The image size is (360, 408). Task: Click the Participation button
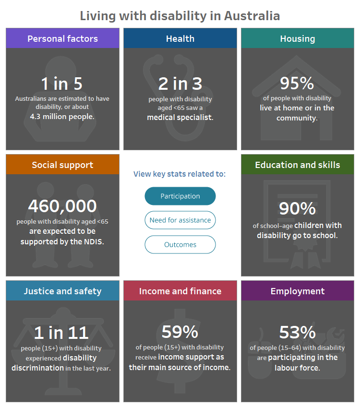pyautogui.click(x=180, y=196)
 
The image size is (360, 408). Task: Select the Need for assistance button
pyautogui.click(x=180, y=220)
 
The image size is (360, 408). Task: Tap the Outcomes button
pyautogui.click(x=180, y=244)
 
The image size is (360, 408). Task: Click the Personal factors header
pyautogui.click(x=62, y=38)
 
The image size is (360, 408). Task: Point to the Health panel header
pyautogui.click(x=180, y=38)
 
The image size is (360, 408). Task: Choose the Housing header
pyautogui.click(x=298, y=38)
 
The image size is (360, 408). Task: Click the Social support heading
pyautogui.click(x=62, y=165)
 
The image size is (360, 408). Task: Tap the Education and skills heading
pyautogui.click(x=298, y=165)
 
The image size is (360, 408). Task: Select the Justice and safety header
pyautogui.click(x=62, y=291)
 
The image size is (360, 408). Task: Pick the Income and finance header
pyautogui.click(x=180, y=291)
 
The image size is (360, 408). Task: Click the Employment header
pyautogui.click(x=298, y=291)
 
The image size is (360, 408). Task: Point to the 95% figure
pyautogui.click(x=297, y=84)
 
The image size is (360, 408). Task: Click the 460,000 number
pyautogui.click(x=62, y=206)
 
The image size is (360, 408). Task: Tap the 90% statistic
pyautogui.click(x=297, y=209)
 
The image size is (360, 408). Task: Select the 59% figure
pyautogui.click(x=180, y=332)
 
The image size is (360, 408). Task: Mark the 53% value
pyautogui.click(x=297, y=332)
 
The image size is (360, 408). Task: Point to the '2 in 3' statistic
pyautogui.click(x=180, y=84)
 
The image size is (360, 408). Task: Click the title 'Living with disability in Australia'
pyautogui.click(x=180, y=15)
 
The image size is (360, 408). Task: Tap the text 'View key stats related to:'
pyautogui.click(x=180, y=174)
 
